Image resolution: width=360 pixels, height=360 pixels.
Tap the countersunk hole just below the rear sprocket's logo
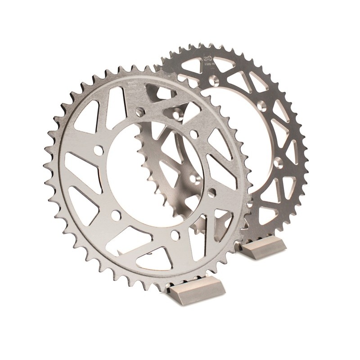point(216,80)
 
